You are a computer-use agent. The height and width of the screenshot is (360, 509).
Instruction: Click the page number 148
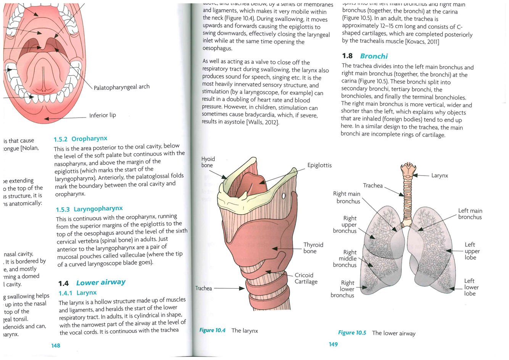click(56, 345)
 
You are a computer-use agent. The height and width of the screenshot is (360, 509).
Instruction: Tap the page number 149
click(333, 344)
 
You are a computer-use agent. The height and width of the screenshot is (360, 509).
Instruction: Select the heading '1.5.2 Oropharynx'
click(81, 139)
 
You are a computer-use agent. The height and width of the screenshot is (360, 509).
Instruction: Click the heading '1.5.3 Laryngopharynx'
click(89, 209)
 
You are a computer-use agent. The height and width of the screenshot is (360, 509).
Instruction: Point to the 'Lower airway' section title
click(101, 283)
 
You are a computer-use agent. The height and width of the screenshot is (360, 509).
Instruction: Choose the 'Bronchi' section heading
click(374, 56)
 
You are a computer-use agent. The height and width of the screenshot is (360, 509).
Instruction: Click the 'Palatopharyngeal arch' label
click(122, 87)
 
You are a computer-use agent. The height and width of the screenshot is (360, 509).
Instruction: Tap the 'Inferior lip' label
click(103, 115)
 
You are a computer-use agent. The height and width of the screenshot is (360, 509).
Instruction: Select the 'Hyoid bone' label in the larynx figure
click(208, 162)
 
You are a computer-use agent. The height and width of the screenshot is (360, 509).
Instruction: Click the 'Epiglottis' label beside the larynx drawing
click(319, 165)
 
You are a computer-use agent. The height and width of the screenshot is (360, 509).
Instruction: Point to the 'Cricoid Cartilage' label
click(306, 278)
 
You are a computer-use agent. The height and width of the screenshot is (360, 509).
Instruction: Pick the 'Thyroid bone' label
click(313, 248)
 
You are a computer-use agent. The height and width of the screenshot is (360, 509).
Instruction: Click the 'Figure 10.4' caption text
click(212, 330)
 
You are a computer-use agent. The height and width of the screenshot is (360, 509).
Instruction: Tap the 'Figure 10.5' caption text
click(352, 333)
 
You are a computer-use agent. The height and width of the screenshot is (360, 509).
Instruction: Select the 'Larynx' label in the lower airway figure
click(440, 176)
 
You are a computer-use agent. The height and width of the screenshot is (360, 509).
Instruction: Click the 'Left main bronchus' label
click(470, 214)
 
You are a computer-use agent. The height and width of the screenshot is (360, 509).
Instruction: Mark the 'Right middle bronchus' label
click(345, 258)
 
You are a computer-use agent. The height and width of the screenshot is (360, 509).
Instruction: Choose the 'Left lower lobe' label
click(471, 287)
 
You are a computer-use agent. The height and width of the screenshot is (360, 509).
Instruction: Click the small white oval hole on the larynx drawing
click(283, 196)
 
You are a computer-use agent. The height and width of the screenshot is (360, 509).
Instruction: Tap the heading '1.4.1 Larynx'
click(77, 293)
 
